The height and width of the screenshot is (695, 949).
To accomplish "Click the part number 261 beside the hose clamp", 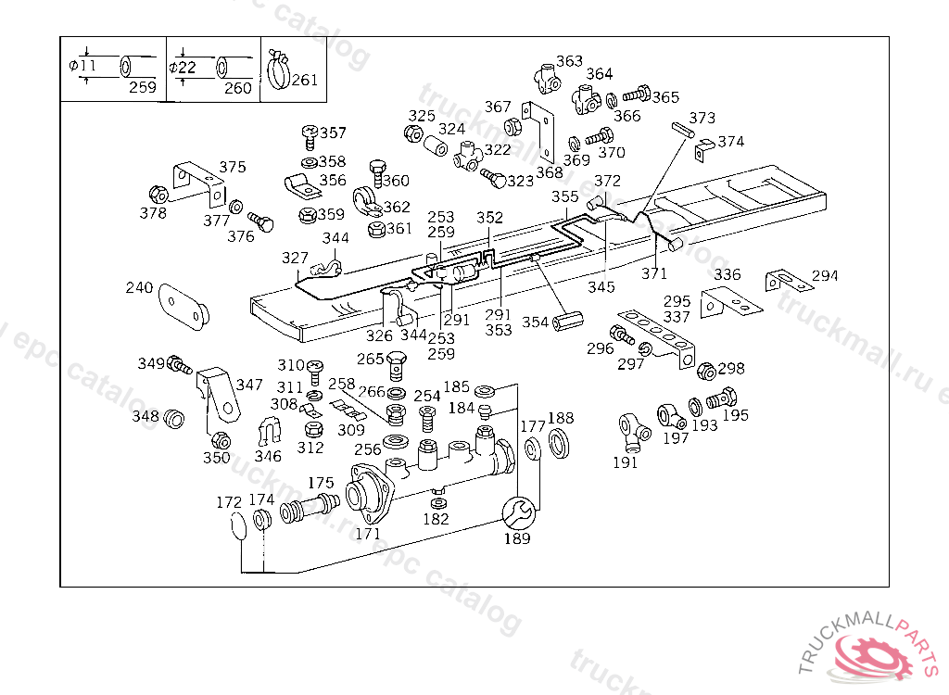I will coord(304,80).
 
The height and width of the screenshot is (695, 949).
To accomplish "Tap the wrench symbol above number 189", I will coord(517,512).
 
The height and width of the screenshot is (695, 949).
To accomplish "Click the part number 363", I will coord(569,61).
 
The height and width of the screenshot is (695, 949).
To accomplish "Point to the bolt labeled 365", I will coord(636,95).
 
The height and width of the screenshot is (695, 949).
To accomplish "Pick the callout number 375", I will coord(233,167).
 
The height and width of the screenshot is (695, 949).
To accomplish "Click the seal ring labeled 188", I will coord(560,442).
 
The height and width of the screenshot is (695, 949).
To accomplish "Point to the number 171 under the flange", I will coord(368,533).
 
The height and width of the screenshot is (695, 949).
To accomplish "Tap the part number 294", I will coord(825,275).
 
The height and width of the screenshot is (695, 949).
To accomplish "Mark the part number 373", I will coord(702,118).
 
